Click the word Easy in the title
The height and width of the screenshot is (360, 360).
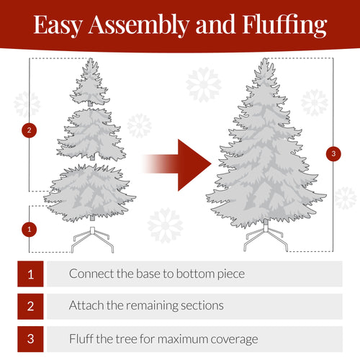(60, 26)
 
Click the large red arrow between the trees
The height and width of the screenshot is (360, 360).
(180, 164)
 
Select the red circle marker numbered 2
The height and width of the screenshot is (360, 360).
(29, 130)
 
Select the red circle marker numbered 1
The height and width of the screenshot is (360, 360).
(29, 230)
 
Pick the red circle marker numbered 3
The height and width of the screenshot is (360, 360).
(333, 153)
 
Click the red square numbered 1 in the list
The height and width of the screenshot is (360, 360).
(30, 274)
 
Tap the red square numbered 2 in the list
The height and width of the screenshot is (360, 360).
(30, 305)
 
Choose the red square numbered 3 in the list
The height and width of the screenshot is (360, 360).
(30, 338)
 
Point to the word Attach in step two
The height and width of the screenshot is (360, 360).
(86, 306)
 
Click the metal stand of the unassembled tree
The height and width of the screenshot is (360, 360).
(91, 240)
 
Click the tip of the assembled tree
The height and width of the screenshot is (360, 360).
(265, 63)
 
